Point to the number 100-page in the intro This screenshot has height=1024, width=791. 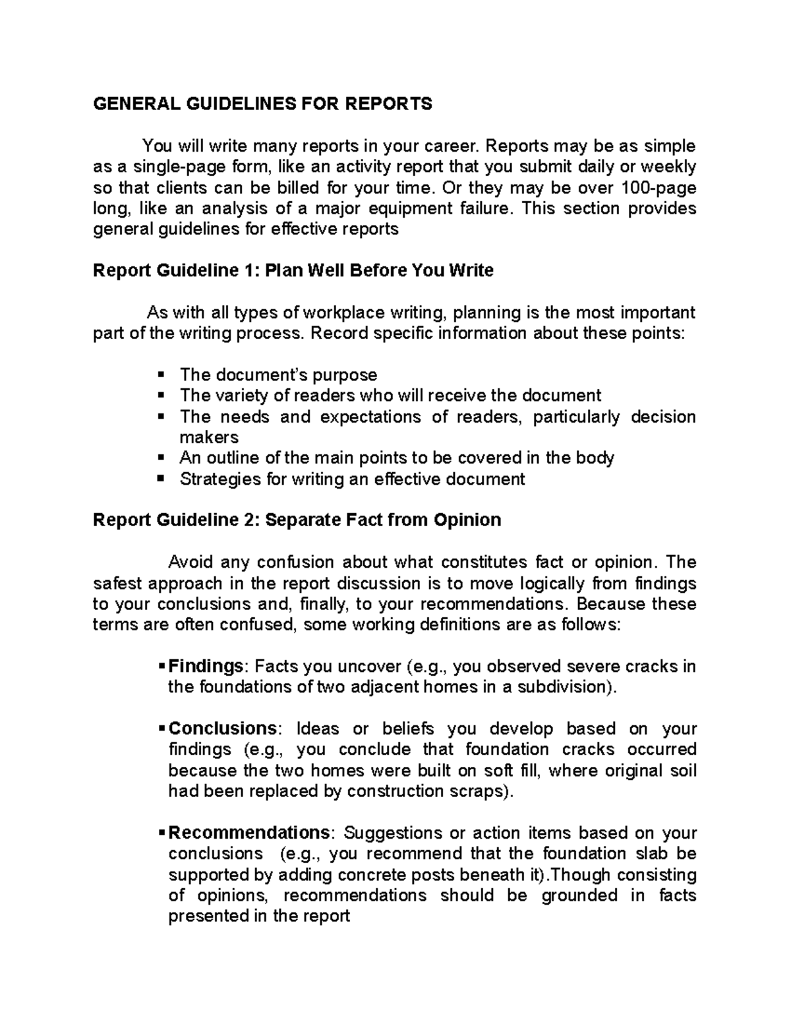click(659, 188)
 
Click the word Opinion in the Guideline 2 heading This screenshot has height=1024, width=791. click(467, 520)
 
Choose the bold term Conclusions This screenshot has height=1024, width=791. click(222, 729)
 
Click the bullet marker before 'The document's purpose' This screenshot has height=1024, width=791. click(160, 375)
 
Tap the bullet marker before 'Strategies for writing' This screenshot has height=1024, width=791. click(160, 479)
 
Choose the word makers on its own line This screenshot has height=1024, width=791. click(208, 437)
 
